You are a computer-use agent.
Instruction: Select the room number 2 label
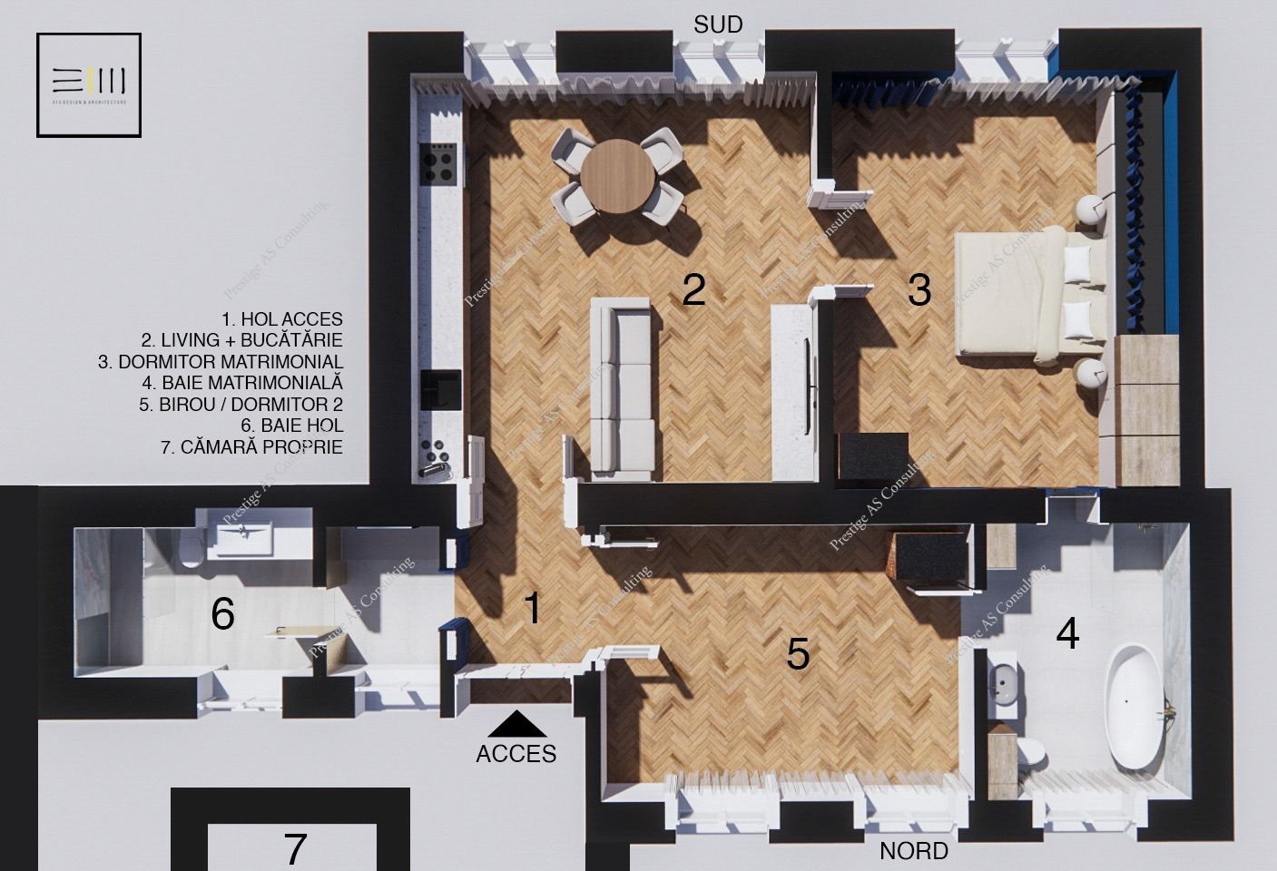[x=693, y=289]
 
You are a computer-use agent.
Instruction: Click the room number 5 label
[x=798, y=653]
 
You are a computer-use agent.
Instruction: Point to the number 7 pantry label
[x=295, y=849]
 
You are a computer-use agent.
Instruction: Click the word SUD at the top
[x=718, y=24]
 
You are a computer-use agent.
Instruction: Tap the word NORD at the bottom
[x=914, y=851]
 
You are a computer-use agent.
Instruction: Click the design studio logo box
[x=89, y=84]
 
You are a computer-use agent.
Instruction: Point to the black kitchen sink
[x=446, y=387]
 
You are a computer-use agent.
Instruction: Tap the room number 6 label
[x=222, y=614]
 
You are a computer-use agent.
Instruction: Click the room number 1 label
[x=533, y=608]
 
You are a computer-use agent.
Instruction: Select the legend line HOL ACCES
[x=282, y=319]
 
